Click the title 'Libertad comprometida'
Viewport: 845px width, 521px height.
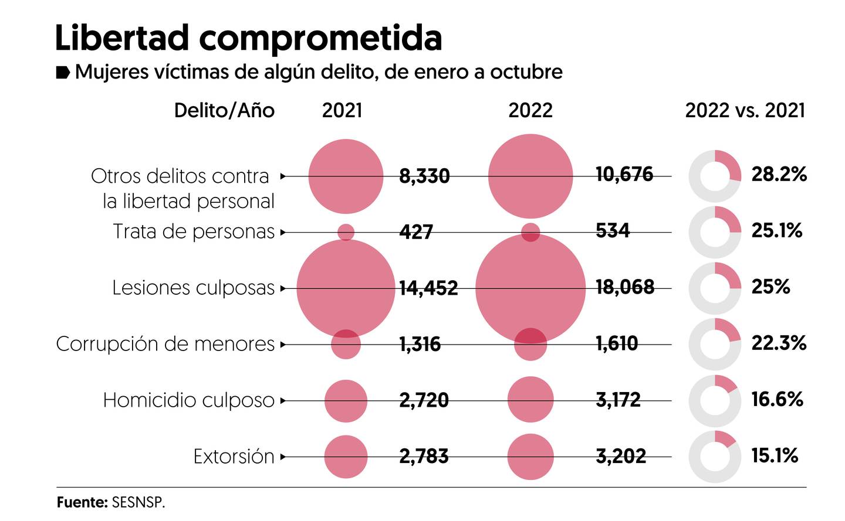coord(248,39)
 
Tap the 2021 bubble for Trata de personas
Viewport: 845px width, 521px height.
coord(346,232)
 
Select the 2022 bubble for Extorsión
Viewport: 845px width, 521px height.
coord(530,457)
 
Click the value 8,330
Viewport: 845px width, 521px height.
coord(424,176)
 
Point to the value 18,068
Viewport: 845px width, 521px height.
coord(624,287)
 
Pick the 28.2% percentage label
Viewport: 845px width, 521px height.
coord(779,174)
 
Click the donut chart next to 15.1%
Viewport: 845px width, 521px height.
coord(714,457)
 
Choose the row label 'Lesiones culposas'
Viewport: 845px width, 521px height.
coord(193,288)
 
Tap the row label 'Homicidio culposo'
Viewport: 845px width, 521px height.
coord(188,400)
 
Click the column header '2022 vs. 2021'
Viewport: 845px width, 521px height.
coord(745,110)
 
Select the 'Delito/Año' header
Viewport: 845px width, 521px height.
coord(224,110)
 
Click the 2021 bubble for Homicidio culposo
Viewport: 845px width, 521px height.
coord(346,401)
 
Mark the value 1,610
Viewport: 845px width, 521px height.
coord(617,343)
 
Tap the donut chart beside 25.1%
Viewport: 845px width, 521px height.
coord(714,232)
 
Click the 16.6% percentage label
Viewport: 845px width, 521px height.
coord(777,400)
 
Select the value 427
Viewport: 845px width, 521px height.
coord(416,232)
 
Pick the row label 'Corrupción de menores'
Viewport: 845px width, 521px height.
coord(165,344)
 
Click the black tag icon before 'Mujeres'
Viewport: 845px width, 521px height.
coord(63,73)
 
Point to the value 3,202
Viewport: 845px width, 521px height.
coord(621,456)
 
